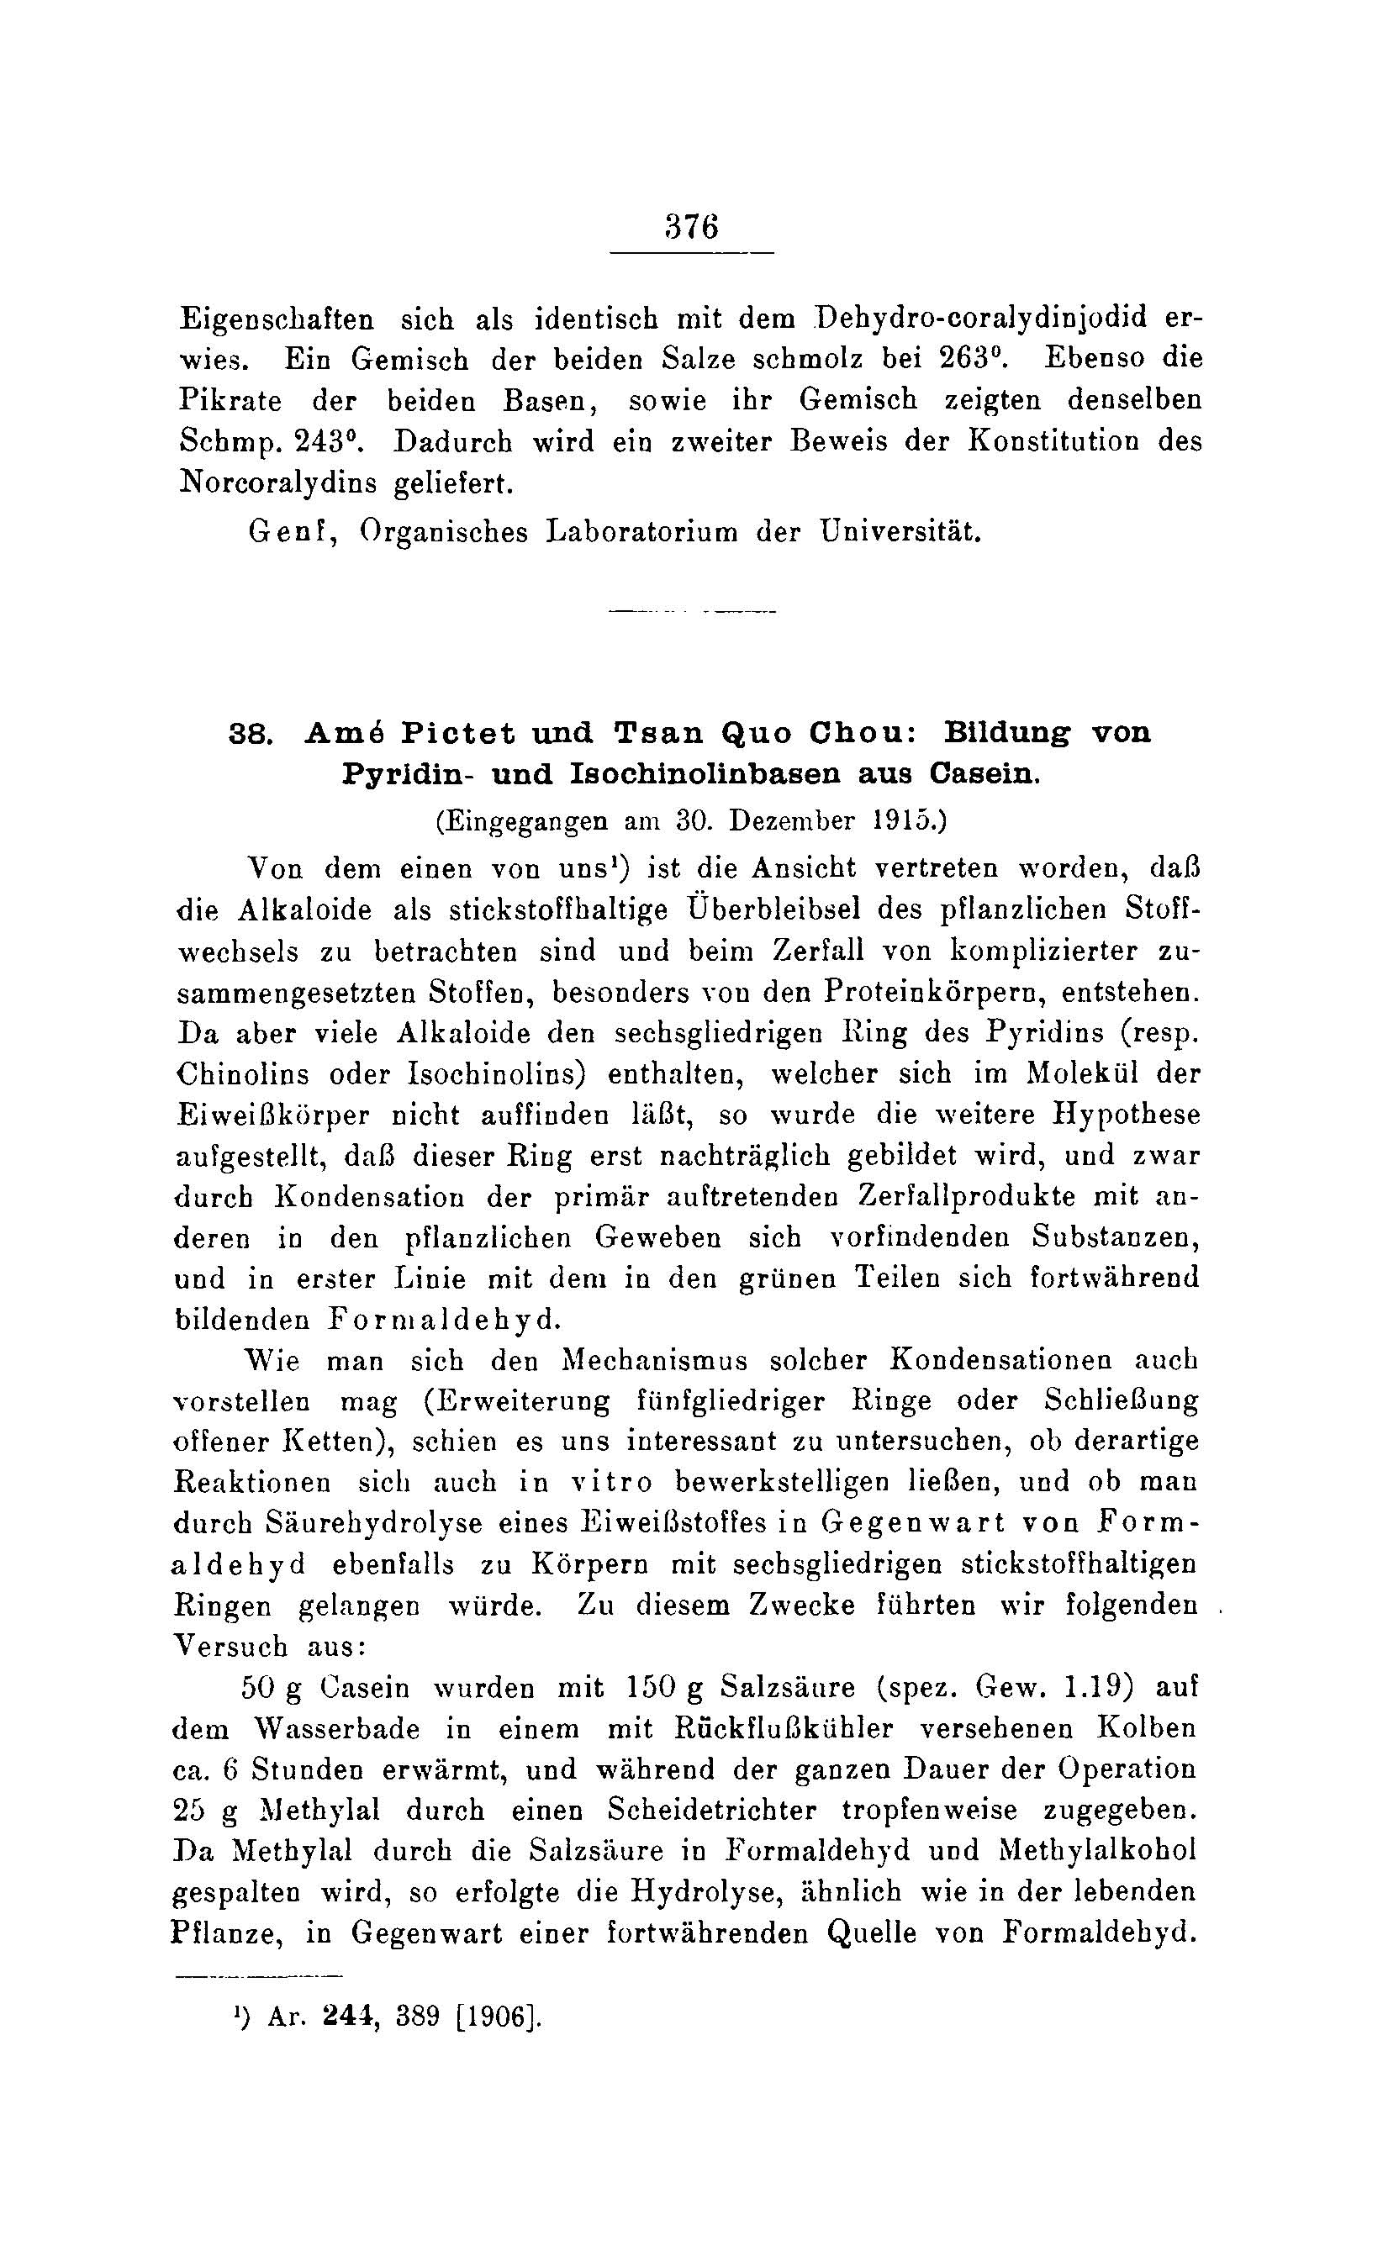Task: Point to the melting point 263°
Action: point(973,358)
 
